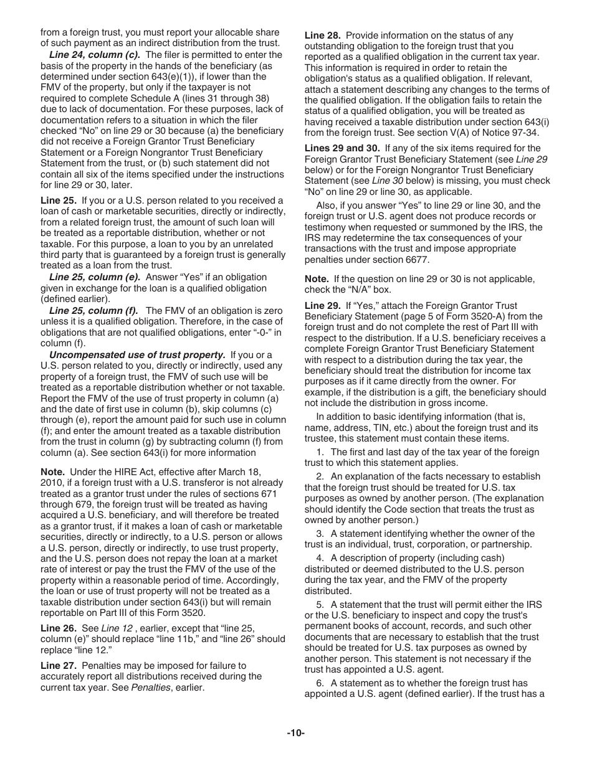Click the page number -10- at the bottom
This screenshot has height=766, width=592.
(295, 733)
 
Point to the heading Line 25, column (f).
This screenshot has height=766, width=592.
(94, 310)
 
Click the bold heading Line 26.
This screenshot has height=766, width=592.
(59, 628)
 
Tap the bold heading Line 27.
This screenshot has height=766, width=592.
(59, 666)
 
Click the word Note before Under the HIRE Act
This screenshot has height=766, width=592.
(52, 471)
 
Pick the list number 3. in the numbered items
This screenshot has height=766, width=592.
(320, 534)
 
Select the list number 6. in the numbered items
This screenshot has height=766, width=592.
(320, 683)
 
